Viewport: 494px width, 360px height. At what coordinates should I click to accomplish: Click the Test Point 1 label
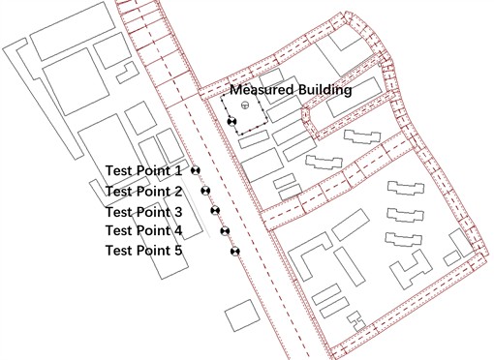(x=143, y=171)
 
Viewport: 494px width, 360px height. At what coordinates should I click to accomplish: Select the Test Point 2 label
(x=143, y=192)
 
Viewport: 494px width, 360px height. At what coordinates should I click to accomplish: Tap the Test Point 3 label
(x=143, y=212)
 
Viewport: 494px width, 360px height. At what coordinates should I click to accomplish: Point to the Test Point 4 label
(x=143, y=230)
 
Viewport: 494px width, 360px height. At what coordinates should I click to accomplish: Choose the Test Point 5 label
(x=143, y=251)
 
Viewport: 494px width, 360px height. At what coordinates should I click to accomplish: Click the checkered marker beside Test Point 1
(x=196, y=170)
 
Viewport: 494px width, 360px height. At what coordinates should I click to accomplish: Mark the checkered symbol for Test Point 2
(x=205, y=191)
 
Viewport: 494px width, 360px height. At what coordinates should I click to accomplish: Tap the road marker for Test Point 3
(x=215, y=210)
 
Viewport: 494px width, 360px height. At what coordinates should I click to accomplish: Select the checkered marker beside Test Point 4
(x=225, y=231)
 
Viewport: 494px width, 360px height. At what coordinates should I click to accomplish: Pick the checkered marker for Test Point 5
(x=234, y=252)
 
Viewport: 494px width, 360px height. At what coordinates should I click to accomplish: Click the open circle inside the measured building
(x=244, y=105)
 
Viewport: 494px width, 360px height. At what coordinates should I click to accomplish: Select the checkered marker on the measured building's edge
(x=231, y=121)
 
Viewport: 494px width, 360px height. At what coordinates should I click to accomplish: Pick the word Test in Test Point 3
(x=119, y=212)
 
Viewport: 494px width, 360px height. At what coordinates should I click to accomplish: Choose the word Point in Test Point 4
(x=153, y=230)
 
